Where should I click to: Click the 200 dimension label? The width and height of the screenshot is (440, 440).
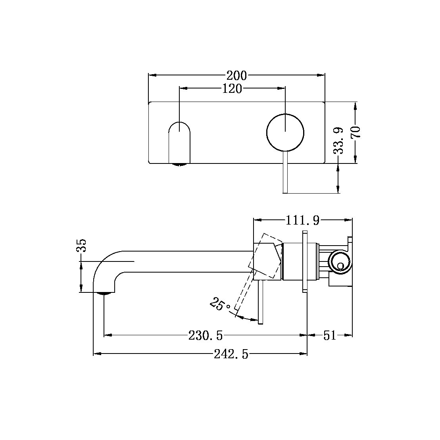[x=236, y=75]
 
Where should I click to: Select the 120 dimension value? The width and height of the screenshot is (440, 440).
[x=232, y=88]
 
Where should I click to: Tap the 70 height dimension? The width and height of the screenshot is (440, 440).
[x=355, y=132]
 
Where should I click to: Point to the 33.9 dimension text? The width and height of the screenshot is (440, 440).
[x=338, y=140]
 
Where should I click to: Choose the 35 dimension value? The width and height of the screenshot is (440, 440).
[x=81, y=246]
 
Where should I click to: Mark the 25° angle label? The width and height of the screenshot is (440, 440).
[x=219, y=305]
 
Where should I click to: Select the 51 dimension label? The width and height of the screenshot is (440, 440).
[x=330, y=336]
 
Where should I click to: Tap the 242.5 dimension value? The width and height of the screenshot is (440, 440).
[x=231, y=354]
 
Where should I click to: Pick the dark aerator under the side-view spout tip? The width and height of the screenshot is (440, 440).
[x=104, y=294]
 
